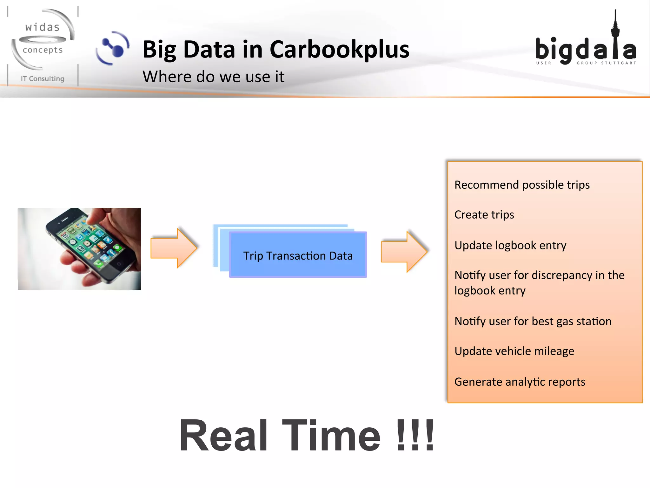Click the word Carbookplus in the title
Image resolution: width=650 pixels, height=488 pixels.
[339, 50]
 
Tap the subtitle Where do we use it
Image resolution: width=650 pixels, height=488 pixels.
[213, 77]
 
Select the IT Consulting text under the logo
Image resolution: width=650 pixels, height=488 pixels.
[43, 78]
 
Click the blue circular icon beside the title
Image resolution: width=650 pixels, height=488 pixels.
[113, 48]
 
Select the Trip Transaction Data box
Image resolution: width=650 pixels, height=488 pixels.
[298, 255]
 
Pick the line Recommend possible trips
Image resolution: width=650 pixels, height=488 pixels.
[522, 185]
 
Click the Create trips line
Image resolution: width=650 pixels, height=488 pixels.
[484, 215]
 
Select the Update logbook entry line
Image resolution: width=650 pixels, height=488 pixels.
[510, 245]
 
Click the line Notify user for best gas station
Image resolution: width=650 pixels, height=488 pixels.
[533, 321]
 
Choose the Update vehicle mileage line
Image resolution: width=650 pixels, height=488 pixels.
[514, 351]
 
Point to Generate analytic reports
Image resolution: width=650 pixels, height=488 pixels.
[520, 382]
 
